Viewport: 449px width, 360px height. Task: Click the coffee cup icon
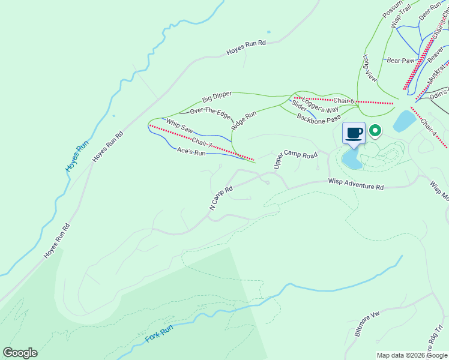coord(354,133)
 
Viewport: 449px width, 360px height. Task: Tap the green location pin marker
coord(376,130)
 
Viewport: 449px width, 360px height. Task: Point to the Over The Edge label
coord(210,111)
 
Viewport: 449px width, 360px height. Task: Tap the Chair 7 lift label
coord(202,143)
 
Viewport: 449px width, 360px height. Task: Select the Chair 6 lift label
coord(345,101)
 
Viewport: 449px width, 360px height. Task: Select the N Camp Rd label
coord(220,197)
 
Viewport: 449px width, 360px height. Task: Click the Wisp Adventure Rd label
coord(355,184)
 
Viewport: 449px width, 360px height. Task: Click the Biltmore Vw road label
coord(367,325)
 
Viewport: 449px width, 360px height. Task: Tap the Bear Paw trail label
coord(401,61)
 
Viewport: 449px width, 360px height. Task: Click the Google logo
coord(20,353)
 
